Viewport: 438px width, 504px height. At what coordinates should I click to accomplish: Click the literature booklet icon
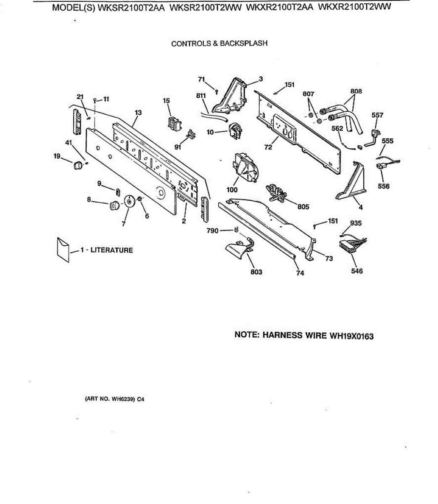click(x=63, y=249)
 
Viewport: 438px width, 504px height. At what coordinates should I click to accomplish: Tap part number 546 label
click(x=357, y=271)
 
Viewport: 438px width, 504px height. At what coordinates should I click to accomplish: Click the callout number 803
click(x=256, y=272)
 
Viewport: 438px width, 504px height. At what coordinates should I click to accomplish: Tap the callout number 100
click(x=232, y=190)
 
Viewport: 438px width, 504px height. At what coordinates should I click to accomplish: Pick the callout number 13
click(x=138, y=113)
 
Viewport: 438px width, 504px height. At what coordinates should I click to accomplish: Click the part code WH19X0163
click(x=351, y=336)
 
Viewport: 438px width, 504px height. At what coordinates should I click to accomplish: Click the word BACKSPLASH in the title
click(x=244, y=43)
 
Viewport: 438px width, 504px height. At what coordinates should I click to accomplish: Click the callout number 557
click(x=377, y=115)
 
